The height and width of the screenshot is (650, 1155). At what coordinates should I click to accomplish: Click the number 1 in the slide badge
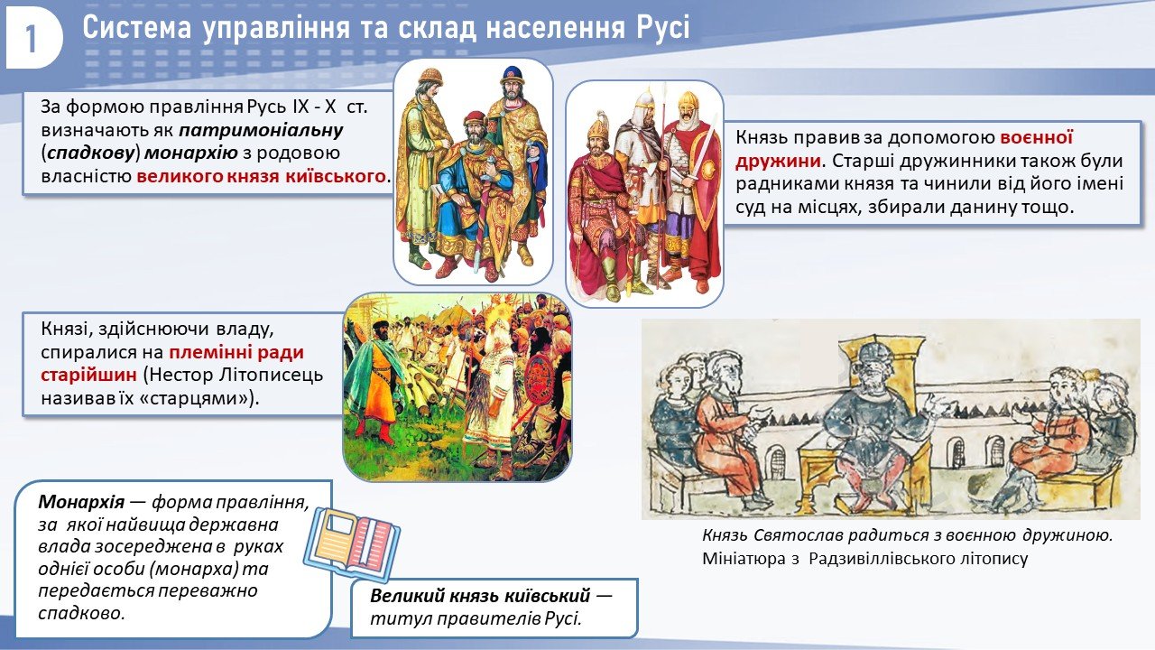31,40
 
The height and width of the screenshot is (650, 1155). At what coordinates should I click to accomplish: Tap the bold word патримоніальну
261,130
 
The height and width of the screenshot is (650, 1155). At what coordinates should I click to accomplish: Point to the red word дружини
778,161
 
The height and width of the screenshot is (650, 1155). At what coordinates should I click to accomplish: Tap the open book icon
352,543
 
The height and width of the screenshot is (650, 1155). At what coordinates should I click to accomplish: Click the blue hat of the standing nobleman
512,76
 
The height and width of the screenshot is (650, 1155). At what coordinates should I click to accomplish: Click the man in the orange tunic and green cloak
379,379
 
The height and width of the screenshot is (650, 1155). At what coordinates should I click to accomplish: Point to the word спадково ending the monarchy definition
81,613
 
